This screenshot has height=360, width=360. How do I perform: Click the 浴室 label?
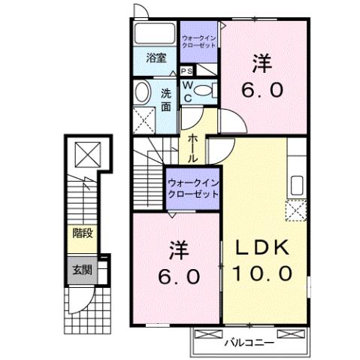(x=156, y=57)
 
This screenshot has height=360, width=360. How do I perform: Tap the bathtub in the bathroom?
(x=156, y=36)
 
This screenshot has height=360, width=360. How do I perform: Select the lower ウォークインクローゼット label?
(x=192, y=186)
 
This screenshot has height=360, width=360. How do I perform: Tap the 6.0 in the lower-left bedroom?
(x=178, y=276)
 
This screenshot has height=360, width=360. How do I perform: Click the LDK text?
(x=266, y=249)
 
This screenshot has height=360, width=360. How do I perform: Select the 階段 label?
(x=83, y=232)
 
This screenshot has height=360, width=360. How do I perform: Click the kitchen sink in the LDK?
(x=295, y=185)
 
